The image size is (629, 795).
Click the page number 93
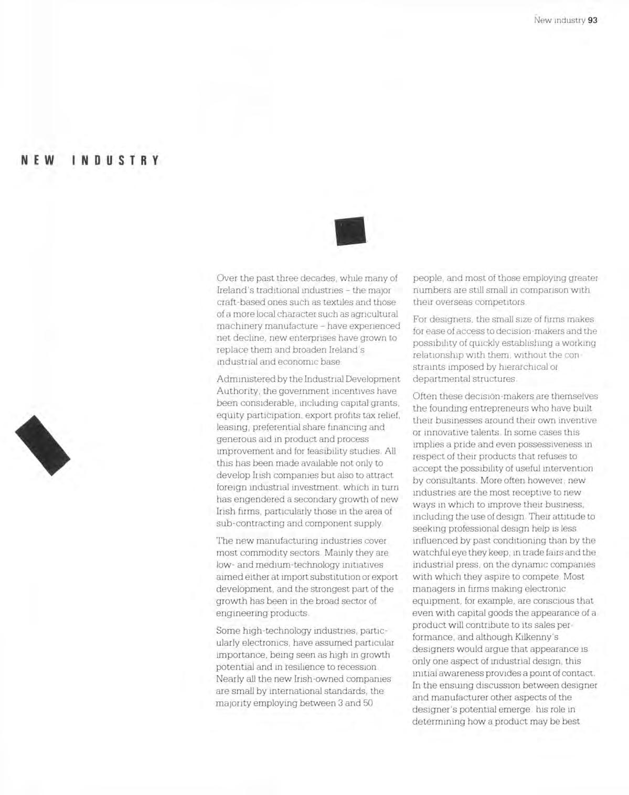coord(593,20)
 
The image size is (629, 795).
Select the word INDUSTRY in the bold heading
coord(115,160)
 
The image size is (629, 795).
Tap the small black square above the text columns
coord(350,231)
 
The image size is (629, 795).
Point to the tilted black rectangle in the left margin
coord(42,445)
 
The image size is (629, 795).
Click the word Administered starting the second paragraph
coord(243,379)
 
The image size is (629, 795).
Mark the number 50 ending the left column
coord(367,703)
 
